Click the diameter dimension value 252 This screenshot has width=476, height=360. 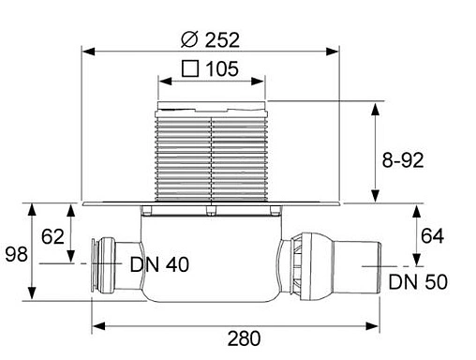click(223, 39)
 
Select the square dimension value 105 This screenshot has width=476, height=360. click(221, 68)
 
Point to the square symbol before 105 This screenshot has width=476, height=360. click(190, 68)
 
